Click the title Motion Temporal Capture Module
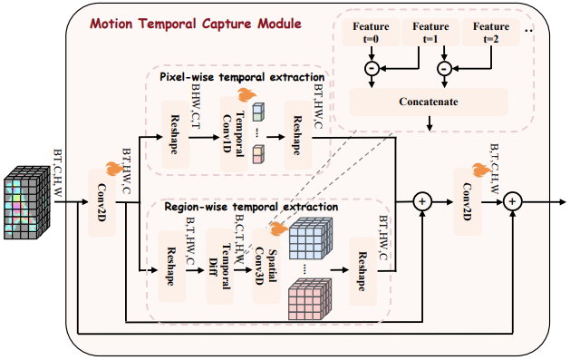195,21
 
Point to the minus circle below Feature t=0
371,68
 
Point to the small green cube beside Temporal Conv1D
257,113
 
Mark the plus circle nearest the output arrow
513,202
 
